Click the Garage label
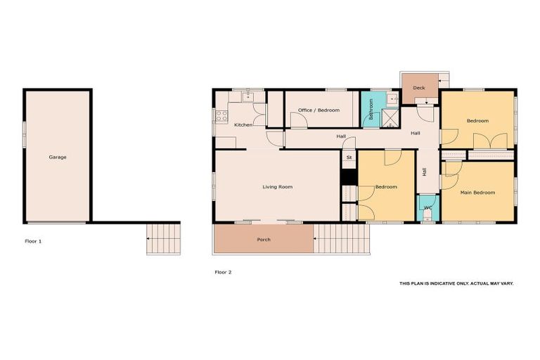tap(58, 157)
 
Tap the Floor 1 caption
tap(33, 241)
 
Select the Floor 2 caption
tap(222, 271)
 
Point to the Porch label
tap(264, 240)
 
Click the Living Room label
tap(277, 187)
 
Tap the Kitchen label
tap(243, 125)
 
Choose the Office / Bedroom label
tap(319, 110)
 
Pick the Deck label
tap(419, 88)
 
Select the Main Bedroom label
tap(477, 192)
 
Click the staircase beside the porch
tap(340, 239)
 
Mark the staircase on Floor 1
tap(163, 238)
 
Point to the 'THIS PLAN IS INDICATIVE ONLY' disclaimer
tap(456, 283)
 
